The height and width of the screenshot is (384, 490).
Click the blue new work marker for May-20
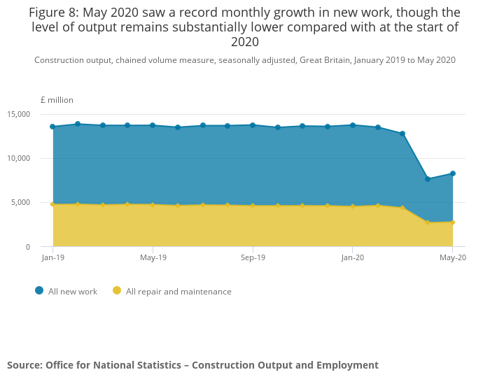[453, 173]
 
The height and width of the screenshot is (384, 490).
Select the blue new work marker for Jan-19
[52, 127]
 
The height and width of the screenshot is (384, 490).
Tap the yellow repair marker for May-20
[453, 222]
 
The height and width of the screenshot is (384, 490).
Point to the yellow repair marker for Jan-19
[52, 204]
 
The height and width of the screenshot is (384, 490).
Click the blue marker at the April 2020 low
[428, 179]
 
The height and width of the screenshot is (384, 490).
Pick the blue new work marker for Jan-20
[353, 125]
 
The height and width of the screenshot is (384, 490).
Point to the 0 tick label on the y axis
[28, 247]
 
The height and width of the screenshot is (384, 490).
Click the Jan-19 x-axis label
[52, 258]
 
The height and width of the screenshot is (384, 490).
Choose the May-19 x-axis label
[153, 258]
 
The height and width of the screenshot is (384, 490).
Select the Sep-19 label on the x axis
[253, 258]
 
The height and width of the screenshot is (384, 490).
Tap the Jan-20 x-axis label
[353, 258]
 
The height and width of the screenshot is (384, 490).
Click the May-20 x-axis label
[453, 258]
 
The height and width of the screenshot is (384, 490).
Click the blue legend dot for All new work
[39, 291]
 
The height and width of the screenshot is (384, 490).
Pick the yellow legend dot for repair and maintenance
[117, 291]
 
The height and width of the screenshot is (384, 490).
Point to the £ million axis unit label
[57, 100]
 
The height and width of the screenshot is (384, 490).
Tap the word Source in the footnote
[24, 365]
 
